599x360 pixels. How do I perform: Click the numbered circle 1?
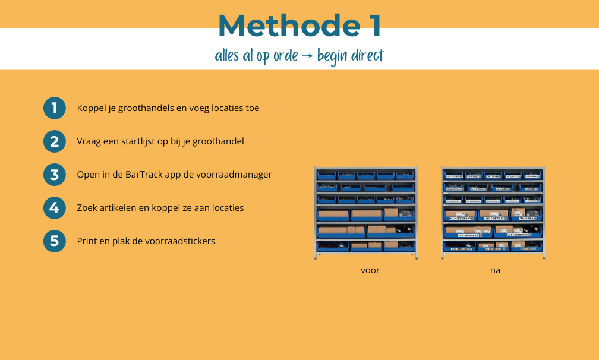coord(55,108)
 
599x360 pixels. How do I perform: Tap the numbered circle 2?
coord(55,141)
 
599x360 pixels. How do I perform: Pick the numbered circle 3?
coord(55,175)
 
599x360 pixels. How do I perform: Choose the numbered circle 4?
coord(55,208)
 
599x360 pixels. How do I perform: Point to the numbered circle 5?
coord(55,241)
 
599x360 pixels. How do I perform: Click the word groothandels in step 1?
coord(143,109)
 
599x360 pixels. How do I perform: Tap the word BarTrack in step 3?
coord(143,175)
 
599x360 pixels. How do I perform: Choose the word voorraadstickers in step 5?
coord(181,241)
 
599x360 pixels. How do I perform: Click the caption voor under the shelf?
coord(370,270)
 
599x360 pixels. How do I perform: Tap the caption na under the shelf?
coord(495,270)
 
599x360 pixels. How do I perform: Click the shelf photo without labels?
coord(365,213)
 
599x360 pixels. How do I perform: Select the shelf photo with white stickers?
coord(493,213)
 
